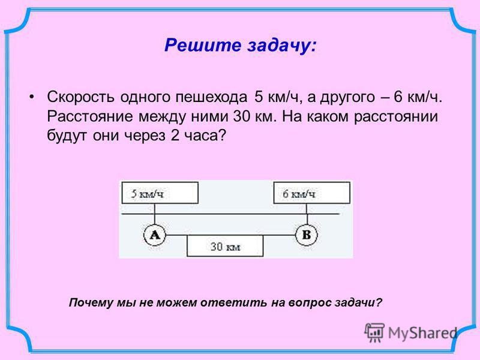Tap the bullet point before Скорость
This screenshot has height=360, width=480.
click(x=31, y=97)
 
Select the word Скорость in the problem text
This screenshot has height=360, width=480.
click(x=81, y=97)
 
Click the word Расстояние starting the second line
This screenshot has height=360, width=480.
click(x=90, y=116)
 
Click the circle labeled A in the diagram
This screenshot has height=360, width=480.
click(x=155, y=235)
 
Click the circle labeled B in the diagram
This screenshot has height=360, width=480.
click(x=307, y=235)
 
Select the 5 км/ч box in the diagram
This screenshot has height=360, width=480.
click(x=160, y=193)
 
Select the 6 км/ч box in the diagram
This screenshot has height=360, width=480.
click(x=311, y=193)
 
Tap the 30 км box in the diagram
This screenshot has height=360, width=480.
click(x=225, y=246)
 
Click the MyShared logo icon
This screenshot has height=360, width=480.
click(x=374, y=332)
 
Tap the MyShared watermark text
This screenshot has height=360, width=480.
click(x=422, y=333)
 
